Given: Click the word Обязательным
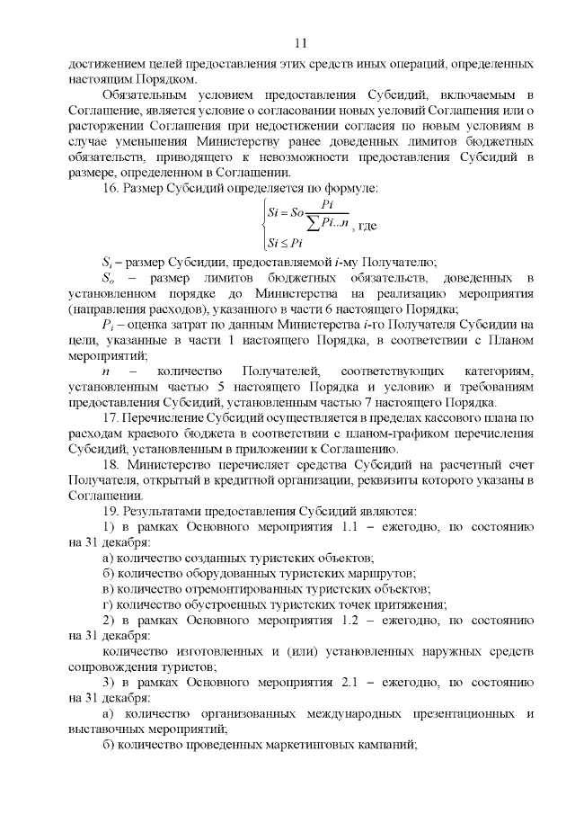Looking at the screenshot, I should pyautogui.click(x=148, y=94).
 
